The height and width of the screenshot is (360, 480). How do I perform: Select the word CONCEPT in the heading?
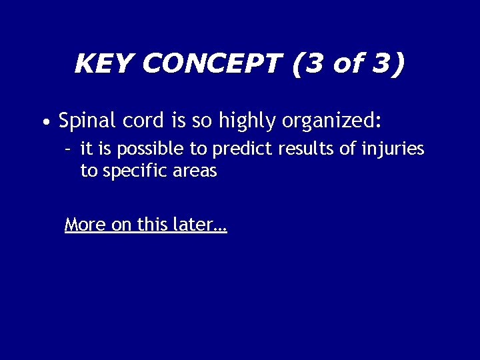click(211, 64)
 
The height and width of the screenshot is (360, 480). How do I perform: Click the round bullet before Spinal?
click(44, 123)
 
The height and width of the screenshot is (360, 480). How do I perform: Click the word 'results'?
click(304, 148)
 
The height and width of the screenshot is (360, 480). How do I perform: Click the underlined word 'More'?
click(85, 225)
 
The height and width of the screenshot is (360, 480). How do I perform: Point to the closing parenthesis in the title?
click(398, 64)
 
